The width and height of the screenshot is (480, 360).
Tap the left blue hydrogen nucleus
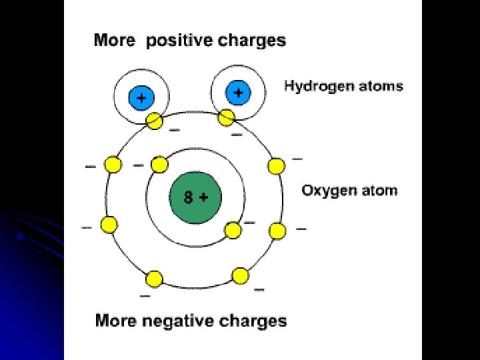(140, 98)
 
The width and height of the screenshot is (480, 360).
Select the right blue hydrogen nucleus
(237, 92)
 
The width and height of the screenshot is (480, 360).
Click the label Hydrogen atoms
(343, 86)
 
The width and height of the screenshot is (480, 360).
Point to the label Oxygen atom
(349, 191)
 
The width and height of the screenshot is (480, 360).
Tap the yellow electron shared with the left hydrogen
(154, 121)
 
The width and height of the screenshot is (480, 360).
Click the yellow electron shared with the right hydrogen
(226, 117)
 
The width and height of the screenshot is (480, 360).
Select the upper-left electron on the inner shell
(159, 164)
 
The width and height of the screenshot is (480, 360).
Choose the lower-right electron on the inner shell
(233, 231)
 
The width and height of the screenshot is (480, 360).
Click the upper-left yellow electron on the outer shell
(112, 165)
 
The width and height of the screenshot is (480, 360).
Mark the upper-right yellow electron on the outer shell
(275, 165)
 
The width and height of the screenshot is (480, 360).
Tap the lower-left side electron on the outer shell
(108, 225)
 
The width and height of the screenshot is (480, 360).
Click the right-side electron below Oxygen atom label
(277, 231)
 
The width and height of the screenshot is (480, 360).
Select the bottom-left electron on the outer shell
(154, 278)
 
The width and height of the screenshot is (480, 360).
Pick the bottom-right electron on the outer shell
(240, 275)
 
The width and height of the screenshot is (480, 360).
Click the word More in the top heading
(115, 41)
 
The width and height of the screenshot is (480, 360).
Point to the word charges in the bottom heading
(253, 321)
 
